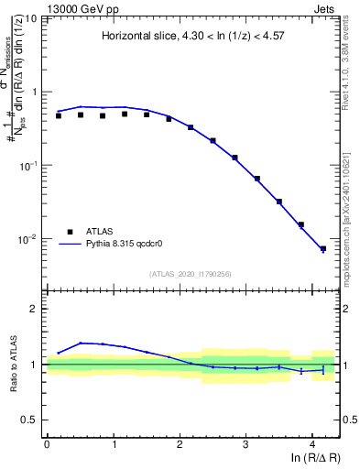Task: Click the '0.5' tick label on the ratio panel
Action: (x=29, y=420)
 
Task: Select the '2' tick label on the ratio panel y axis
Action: (x=34, y=309)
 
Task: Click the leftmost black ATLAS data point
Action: (x=58, y=115)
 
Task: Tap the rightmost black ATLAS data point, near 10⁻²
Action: (x=322, y=248)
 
